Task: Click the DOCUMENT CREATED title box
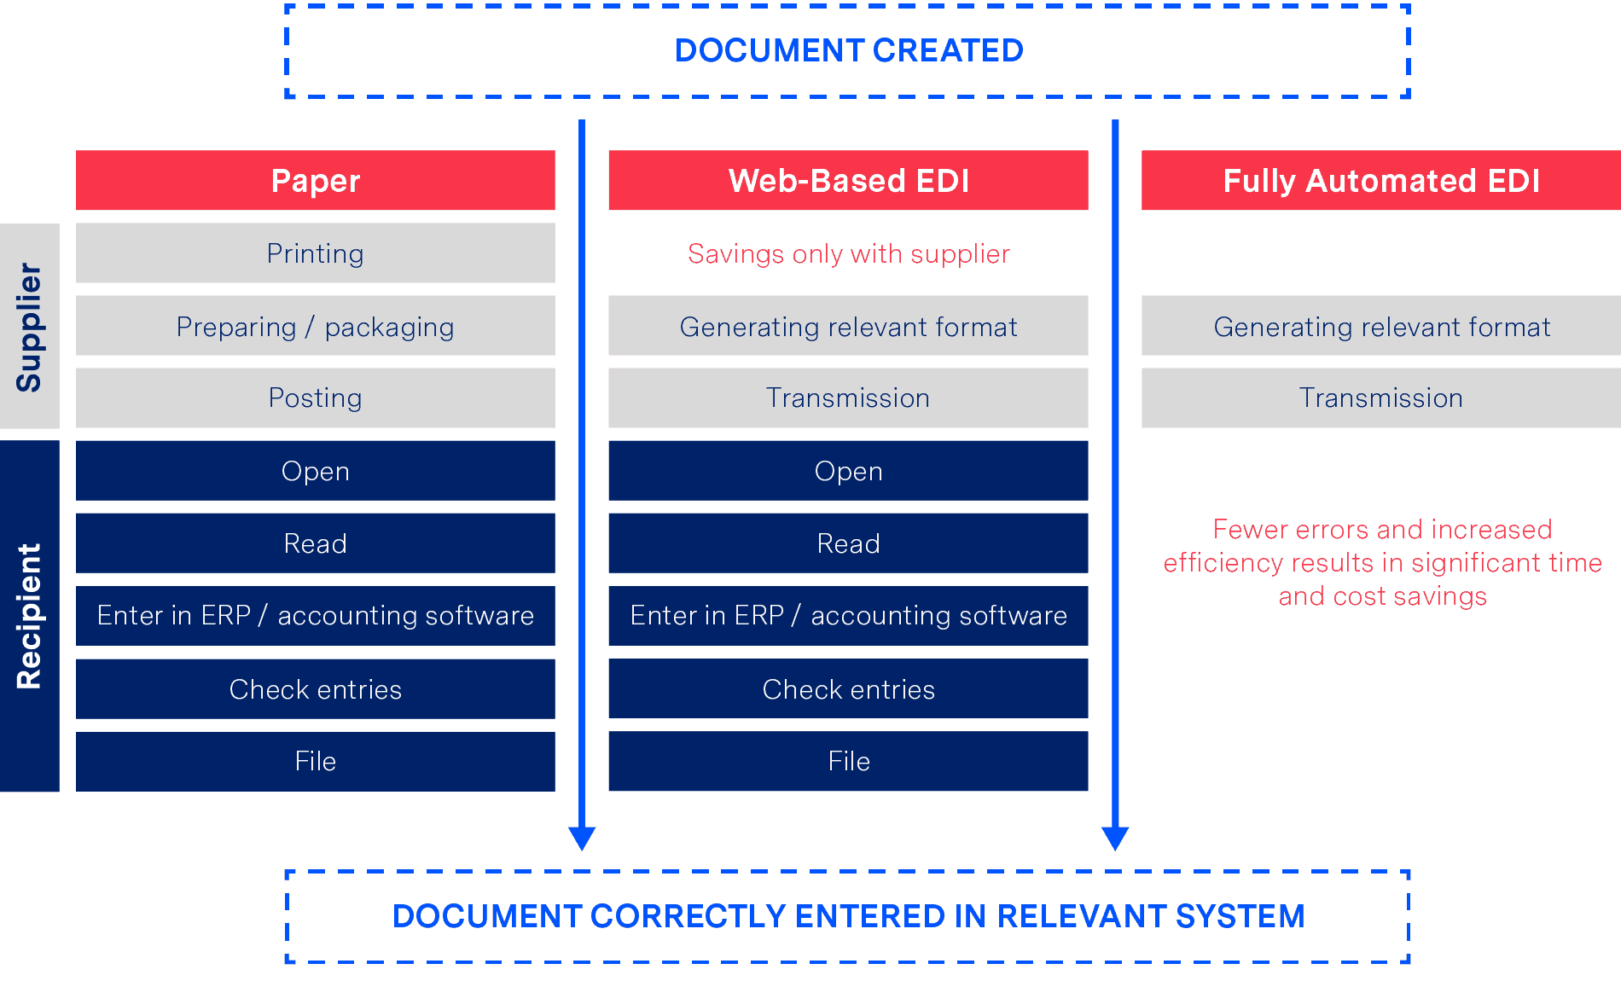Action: click(847, 51)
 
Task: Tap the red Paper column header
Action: click(316, 180)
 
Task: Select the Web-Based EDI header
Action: click(848, 180)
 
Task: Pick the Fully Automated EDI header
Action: click(1381, 180)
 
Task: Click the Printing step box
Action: click(316, 253)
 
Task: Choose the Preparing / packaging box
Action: click(316, 326)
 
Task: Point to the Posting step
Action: click(316, 398)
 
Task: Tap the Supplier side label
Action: click(30, 326)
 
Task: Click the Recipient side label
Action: click(30, 616)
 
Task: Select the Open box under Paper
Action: click(316, 471)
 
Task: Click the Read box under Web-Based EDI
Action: click(848, 543)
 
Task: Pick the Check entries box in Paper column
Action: click(316, 689)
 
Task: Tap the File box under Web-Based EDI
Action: click(848, 761)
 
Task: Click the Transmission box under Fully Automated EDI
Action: click(1381, 398)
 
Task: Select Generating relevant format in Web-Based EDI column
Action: click(848, 326)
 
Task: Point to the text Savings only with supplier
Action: click(849, 254)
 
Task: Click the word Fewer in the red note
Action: click(1250, 530)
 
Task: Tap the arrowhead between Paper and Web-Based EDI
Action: click(582, 838)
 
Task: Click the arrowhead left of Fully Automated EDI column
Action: click(1115, 838)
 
